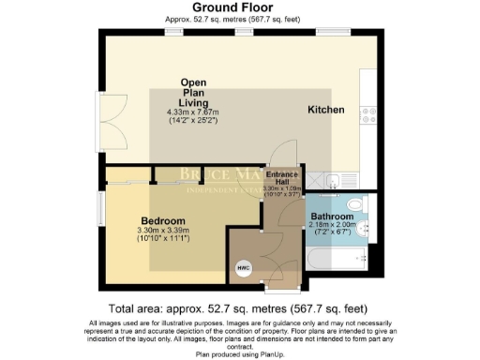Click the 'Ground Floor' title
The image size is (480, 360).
pyautogui.click(x=238, y=7)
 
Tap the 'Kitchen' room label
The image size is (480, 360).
pyautogui.click(x=325, y=111)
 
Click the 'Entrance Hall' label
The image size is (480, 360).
pyautogui.click(x=282, y=177)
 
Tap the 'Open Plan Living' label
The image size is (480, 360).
pyautogui.click(x=200, y=93)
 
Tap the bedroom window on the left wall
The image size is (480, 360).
pyautogui.click(x=101, y=208)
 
